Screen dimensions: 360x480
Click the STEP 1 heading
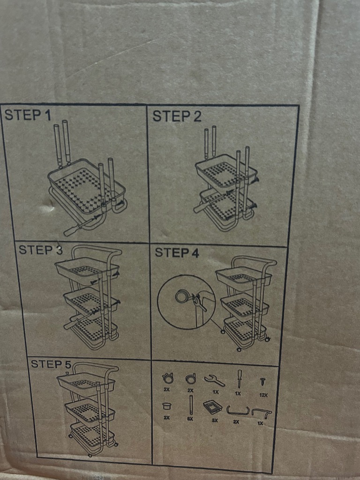(x=28, y=115)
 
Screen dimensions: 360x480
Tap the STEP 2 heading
(x=177, y=116)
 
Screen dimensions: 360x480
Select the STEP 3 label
(x=40, y=250)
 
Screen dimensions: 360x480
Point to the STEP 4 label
(x=177, y=253)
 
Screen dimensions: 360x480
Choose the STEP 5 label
(x=51, y=364)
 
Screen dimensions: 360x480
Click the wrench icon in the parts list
(x=215, y=381)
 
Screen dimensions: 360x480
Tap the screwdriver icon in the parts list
(x=239, y=379)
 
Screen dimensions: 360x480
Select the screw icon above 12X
(x=262, y=382)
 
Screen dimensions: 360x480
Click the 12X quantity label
(x=263, y=395)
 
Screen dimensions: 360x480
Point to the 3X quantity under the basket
(x=215, y=420)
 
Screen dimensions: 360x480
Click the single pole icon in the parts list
(x=191, y=405)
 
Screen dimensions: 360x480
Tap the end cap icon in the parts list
(x=166, y=406)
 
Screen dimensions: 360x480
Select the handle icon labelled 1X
(x=261, y=412)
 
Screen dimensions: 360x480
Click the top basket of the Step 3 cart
(x=87, y=270)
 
